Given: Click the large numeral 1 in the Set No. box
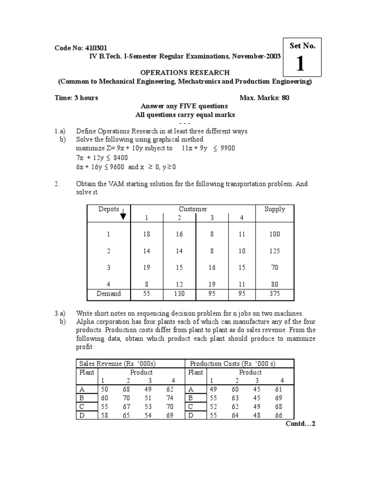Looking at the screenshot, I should point(300,64).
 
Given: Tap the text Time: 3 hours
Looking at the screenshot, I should point(76,98).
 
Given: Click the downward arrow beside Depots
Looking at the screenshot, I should point(123,214).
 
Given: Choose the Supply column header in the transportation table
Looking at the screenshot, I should point(275,209).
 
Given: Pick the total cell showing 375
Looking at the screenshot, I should point(275,293).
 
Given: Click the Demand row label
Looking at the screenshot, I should point(109,293).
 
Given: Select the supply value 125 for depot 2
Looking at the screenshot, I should point(275,251).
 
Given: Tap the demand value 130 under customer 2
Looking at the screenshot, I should point(179,293).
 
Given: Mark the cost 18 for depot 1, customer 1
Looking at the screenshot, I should point(146,234).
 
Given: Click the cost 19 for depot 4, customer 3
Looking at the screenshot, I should point(211,285).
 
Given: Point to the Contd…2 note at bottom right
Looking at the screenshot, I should point(300,424).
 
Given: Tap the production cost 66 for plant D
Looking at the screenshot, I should point(282,415).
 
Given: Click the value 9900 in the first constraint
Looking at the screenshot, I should point(227,148).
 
